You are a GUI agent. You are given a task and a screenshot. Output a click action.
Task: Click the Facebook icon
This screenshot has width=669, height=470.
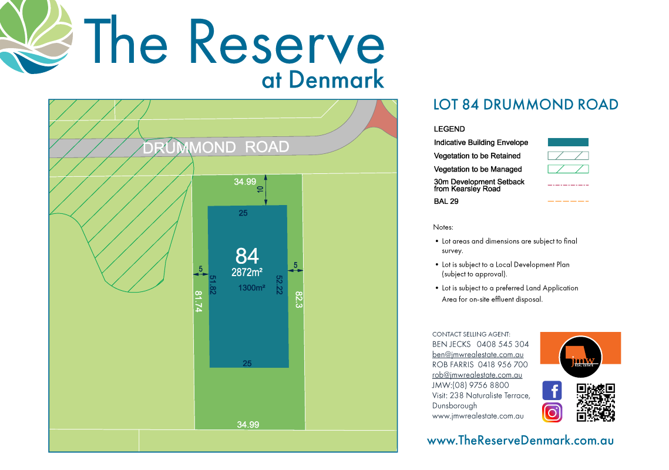(552, 391)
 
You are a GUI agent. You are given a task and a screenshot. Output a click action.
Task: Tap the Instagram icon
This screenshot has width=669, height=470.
(552, 412)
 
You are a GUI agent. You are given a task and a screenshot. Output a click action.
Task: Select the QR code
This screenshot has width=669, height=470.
(596, 402)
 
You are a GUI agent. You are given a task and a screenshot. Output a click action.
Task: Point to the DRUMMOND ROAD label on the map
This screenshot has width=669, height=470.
(216, 147)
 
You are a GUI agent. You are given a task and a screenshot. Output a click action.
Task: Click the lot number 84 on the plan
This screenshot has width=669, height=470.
(247, 256)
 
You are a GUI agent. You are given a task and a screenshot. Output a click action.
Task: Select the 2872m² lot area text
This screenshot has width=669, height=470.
(247, 272)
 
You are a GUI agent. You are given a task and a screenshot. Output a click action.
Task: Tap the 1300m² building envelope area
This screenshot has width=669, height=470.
(252, 288)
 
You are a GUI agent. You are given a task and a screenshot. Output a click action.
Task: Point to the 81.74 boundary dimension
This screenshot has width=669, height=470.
(199, 302)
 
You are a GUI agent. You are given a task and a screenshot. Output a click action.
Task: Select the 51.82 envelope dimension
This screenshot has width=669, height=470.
(213, 285)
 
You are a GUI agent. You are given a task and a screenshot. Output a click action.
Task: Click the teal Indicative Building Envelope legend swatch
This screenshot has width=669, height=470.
(568, 142)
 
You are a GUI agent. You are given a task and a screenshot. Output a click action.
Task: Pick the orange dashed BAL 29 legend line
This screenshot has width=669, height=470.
(568, 202)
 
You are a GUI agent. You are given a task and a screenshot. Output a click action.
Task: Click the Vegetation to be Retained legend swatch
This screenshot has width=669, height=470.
(568, 156)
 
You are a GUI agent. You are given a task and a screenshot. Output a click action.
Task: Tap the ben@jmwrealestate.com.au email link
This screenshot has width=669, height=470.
(478, 355)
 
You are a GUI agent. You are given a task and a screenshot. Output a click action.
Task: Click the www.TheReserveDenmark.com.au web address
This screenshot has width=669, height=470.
(520, 440)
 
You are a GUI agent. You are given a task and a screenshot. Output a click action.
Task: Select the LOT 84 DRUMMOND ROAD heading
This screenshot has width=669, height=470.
(525, 105)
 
